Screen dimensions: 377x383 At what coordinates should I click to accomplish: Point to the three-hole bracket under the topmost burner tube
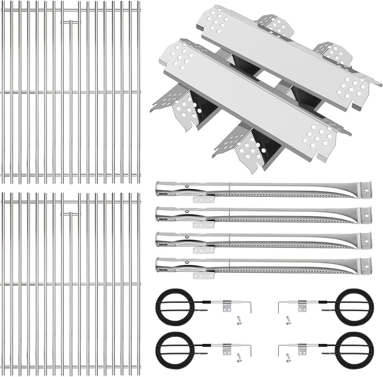204,199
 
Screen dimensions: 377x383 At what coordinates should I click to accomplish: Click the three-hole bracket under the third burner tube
204,250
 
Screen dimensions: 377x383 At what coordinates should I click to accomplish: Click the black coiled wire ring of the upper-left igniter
175,307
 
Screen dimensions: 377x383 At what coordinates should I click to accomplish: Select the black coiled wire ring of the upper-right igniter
354,307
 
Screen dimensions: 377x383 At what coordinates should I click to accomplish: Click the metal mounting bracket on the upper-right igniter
302,305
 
